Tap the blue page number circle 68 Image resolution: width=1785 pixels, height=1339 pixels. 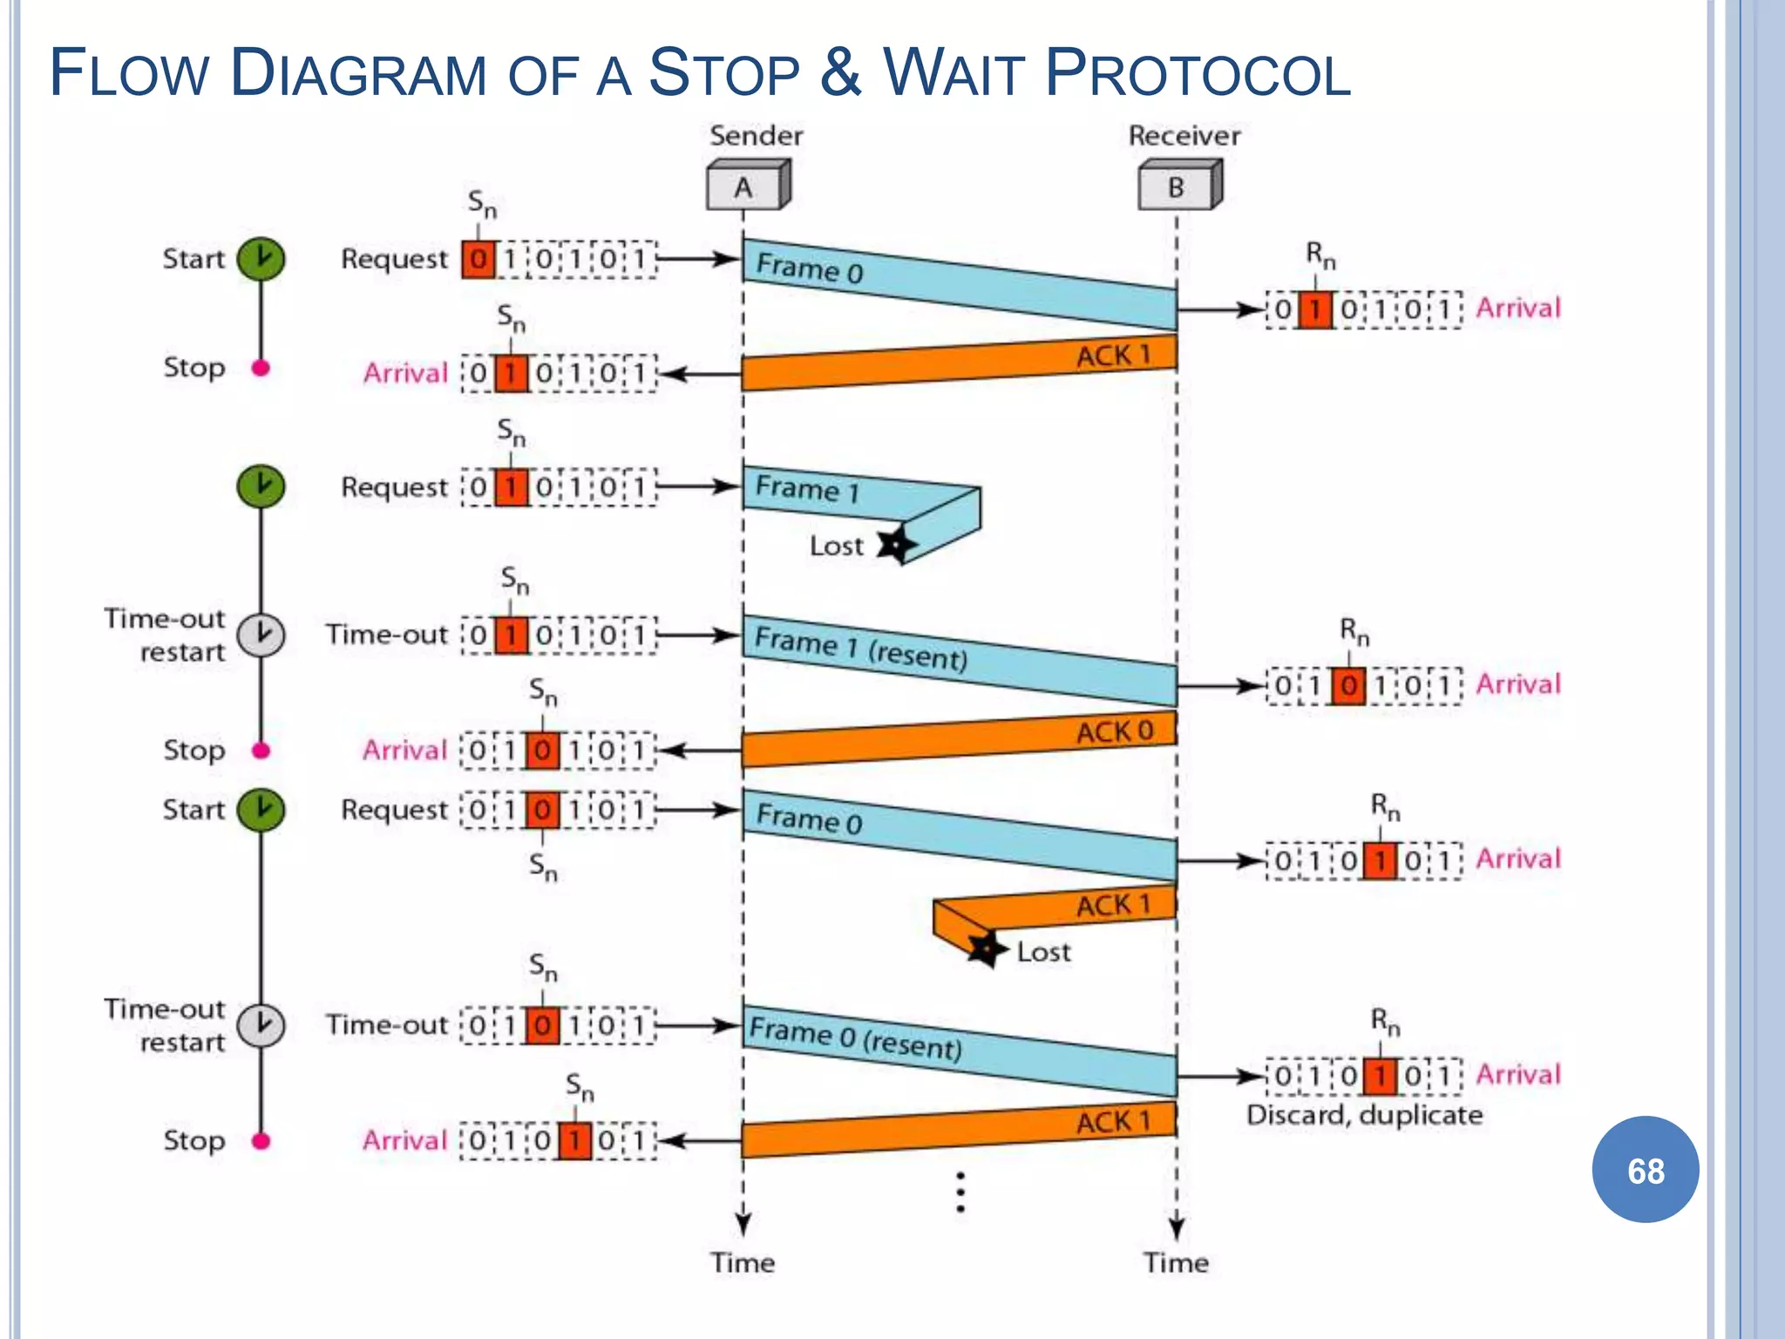click(x=1645, y=1170)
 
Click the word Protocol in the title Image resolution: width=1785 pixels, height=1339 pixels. click(x=1198, y=73)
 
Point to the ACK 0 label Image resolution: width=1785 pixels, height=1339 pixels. click(x=1115, y=731)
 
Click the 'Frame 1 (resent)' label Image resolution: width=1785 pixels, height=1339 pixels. click(x=861, y=648)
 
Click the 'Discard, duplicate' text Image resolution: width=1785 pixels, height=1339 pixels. click(x=1364, y=1115)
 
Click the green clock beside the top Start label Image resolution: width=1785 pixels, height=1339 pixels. click(x=261, y=259)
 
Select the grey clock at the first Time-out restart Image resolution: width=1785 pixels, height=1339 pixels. click(x=261, y=635)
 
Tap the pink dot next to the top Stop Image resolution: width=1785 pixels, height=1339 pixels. click(x=261, y=368)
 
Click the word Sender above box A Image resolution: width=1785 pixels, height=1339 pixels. click(x=756, y=136)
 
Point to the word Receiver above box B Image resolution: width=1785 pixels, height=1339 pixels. click(x=1184, y=136)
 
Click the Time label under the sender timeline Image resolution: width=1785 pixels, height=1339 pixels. click(x=743, y=1262)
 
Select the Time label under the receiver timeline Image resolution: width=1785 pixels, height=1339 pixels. click(x=1176, y=1262)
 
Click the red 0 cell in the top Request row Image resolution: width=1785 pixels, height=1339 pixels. click(x=478, y=260)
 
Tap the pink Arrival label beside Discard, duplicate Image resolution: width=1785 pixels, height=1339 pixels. click(x=1517, y=1074)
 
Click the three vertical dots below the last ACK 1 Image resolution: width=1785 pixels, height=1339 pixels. click(x=960, y=1193)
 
